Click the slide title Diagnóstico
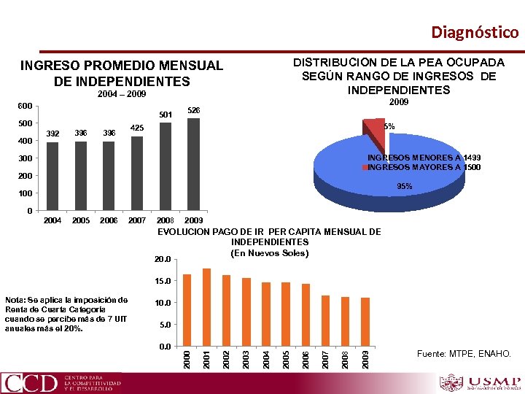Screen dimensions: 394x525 click(x=475, y=32)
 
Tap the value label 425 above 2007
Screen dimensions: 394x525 click(x=137, y=128)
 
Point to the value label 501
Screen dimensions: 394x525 click(x=166, y=115)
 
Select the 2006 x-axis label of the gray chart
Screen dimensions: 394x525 click(x=109, y=220)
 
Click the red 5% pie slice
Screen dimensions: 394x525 click(x=375, y=131)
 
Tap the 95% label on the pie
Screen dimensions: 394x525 click(x=404, y=187)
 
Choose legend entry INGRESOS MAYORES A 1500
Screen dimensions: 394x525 click(x=424, y=168)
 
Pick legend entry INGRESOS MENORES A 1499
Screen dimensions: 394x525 click(x=424, y=158)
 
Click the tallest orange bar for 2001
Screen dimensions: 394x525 click(x=206, y=306)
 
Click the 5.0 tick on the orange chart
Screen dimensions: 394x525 click(x=165, y=325)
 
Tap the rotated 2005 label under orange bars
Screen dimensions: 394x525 click(x=286, y=359)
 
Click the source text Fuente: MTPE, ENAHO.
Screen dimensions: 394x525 click(x=464, y=355)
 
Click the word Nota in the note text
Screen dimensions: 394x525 click(x=16, y=300)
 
